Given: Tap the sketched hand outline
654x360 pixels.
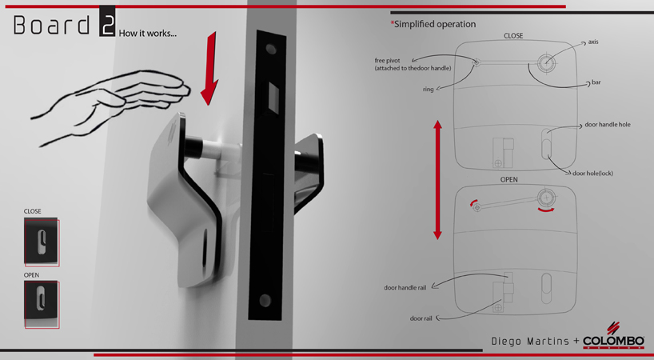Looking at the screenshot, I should pos(120,100).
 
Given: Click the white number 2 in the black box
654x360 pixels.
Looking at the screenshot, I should pos(107,25).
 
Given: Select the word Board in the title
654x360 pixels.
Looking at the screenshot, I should pos(53,26).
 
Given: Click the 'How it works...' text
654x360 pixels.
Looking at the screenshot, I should pos(148,34).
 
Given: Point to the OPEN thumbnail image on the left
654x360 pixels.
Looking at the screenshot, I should pos(42,304).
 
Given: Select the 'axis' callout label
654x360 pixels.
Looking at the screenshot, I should pos(593,42).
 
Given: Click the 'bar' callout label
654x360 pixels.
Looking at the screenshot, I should pos(596,82).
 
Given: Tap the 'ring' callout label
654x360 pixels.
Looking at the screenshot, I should pos(429,90).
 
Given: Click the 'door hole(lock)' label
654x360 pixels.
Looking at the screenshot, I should pos(592,173).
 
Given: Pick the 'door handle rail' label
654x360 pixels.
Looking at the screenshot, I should pos(405,287).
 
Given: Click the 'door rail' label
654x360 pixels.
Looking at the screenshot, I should pos(421,318).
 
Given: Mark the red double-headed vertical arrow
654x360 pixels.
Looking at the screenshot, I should pos(437,179).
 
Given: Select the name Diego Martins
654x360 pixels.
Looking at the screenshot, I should pos(531,342).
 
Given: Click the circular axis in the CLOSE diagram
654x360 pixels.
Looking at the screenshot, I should pos(546,63).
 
